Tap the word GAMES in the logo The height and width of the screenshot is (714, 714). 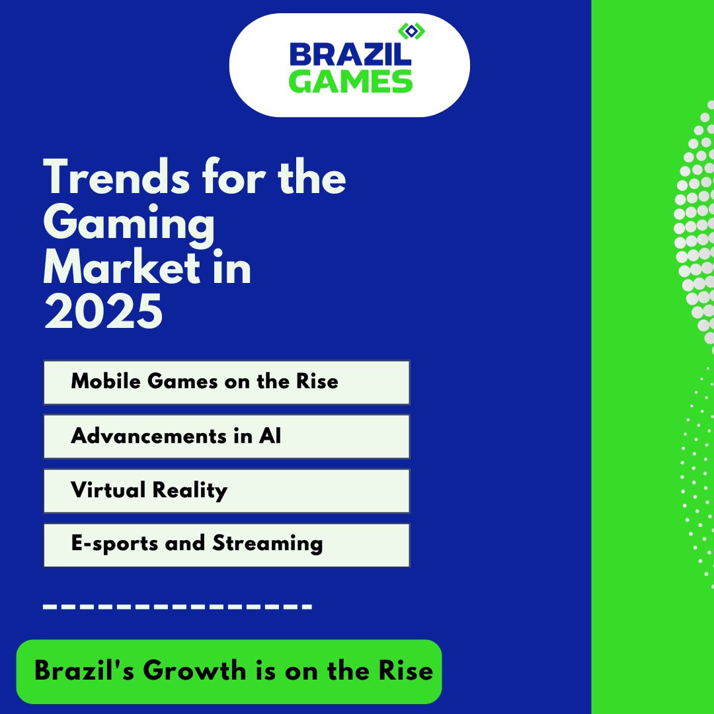350,81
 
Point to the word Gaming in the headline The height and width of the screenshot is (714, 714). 130,225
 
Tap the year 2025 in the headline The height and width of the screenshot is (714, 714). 103,312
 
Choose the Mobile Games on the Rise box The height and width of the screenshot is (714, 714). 226,382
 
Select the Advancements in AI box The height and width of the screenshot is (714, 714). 226,436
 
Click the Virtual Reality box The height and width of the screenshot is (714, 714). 226,491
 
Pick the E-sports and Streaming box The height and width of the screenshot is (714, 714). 226,545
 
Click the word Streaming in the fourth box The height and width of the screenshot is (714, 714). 268,544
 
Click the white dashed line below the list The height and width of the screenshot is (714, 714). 177,605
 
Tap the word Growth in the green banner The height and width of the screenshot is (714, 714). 194,671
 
